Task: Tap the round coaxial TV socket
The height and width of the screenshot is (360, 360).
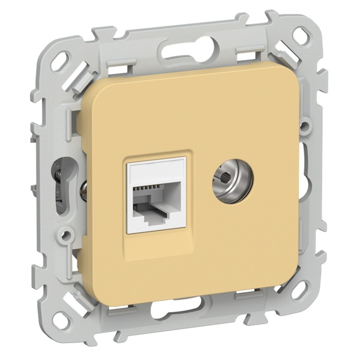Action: pyautogui.click(x=223, y=178)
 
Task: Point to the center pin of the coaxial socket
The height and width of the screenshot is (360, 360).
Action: pyautogui.click(x=224, y=178)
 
